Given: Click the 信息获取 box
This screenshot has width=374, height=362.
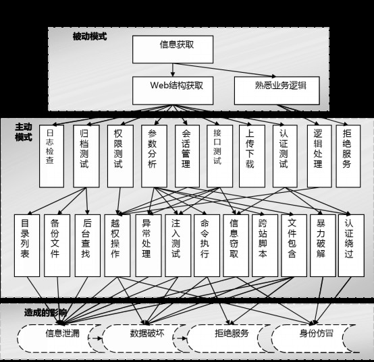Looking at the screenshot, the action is pyautogui.click(x=173, y=49).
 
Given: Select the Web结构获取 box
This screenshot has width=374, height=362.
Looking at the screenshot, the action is pyautogui.click(x=173, y=90).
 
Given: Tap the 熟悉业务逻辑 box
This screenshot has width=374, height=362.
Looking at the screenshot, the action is pyautogui.click(x=277, y=90).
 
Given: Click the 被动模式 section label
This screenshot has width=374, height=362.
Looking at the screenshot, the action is pyautogui.click(x=90, y=36).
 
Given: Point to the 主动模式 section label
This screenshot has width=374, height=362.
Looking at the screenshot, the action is pyautogui.click(x=24, y=132).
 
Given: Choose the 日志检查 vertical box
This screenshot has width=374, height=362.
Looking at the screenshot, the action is pyautogui.click(x=51, y=156).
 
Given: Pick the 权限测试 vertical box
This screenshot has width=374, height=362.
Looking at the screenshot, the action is pyautogui.click(x=120, y=156).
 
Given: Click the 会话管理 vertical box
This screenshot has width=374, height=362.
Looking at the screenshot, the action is pyautogui.click(x=187, y=156).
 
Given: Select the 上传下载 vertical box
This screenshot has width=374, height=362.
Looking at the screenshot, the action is pyautogui.click(x=252, y=156).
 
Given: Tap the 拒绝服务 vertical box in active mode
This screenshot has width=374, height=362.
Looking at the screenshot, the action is pyautogui.click(x=348, y=156).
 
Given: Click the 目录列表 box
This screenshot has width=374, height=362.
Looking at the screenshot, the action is pyautogui.click(x=27, y=245).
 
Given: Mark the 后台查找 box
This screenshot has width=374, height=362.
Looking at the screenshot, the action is pyautogui.click(x=88, y=245).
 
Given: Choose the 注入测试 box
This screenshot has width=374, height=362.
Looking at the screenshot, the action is pyautogui.click(x=178, y=245).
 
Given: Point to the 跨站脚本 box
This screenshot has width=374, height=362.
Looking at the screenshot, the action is pyautogui.click(x=265, y=245).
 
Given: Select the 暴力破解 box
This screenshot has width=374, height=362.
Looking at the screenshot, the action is pyautogui.click(x=323, y=245).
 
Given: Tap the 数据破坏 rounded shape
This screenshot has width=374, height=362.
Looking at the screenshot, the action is pyautogui.click(x=146, y=338).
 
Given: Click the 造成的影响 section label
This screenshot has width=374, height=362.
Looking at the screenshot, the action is pyautogui.click(x=45, y=313).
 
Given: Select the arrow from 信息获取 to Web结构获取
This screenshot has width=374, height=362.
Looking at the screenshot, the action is pyautogui.click(x=173, y=70).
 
